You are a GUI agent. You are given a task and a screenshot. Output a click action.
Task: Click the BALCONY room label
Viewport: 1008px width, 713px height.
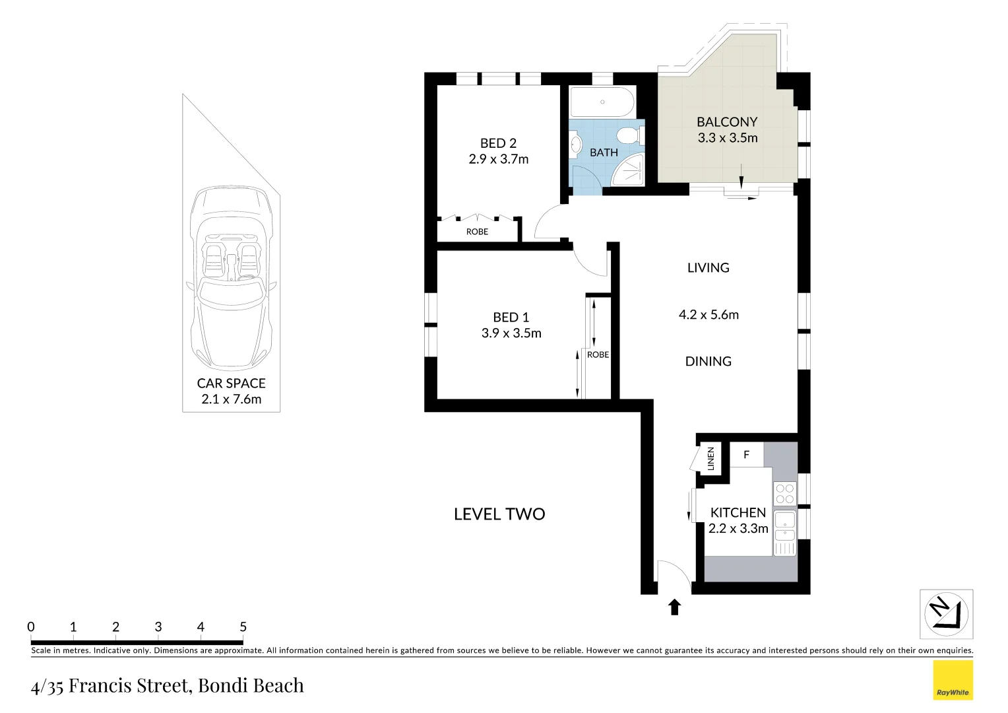(727, 122)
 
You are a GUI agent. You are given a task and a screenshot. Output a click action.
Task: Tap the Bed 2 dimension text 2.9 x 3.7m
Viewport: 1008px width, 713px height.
(498, 159)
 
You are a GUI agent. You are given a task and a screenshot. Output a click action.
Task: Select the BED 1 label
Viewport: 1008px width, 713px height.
(511, 318)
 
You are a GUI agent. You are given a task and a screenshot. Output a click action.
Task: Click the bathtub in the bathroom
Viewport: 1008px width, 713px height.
(602, 102)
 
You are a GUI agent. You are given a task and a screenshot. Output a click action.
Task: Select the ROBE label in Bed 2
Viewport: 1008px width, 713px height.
(477, 232)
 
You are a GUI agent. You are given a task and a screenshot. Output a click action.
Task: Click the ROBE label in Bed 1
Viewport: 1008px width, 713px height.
(598, 355)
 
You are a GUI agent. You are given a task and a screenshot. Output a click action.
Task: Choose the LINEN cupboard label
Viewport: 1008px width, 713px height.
(710, 458)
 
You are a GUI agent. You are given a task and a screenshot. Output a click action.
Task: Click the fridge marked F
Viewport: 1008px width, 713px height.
(746, 455)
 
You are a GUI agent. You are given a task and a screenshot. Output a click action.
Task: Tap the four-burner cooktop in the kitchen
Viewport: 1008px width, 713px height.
(784, 494)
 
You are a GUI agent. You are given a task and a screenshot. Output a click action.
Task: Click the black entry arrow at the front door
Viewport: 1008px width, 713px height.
(674, 607)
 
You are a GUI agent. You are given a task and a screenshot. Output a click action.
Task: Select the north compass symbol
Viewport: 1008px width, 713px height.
(946, 614)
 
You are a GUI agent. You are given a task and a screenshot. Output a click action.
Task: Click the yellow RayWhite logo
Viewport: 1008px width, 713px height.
(953, 680)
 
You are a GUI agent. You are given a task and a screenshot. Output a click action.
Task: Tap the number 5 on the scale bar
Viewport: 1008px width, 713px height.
(243, 627)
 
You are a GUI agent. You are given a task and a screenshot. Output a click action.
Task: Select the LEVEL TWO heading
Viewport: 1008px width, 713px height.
(499, 514)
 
